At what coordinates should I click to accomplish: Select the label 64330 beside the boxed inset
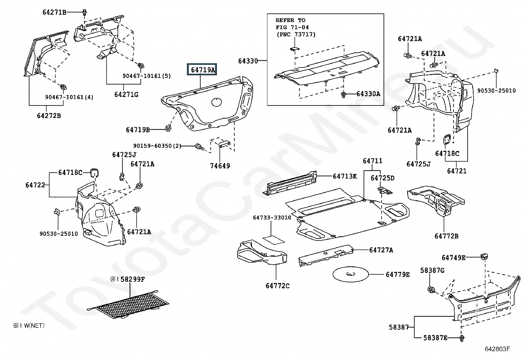(x=248, y=61)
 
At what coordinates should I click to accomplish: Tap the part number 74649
(x=220, y=166)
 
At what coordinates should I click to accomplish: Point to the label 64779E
(x=398, y=275)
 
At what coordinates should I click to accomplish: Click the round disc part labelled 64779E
(x=350, y=274)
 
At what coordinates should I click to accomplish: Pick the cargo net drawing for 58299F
(x=128, y=304)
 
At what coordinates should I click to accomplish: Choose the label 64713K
(x=345, y=176)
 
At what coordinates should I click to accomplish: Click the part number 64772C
(x=278, y=286)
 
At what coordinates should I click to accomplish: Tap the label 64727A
(x=381, y=250)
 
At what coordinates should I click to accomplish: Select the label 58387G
(x=432, y=270)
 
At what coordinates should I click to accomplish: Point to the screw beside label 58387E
(x=462, y=338)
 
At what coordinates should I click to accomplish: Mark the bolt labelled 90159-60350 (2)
(x=199, y=146)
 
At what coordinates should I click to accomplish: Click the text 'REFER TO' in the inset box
(x=291, y=20)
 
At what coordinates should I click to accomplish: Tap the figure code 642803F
(x=497, y=349)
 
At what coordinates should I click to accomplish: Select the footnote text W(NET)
(x=34, y=326)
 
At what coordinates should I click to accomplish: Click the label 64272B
(x=49, y=116)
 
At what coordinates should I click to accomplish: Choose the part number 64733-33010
(x=272, y=218)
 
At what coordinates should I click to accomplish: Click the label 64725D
(x=383, y=178)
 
